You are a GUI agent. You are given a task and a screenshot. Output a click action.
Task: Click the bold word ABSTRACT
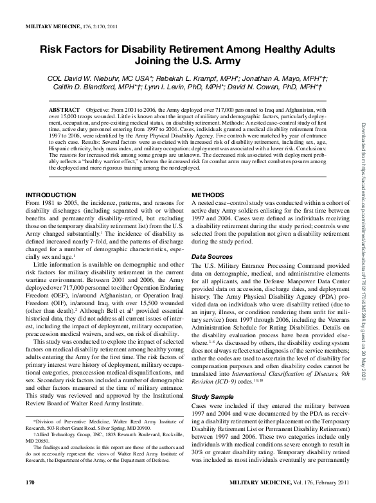point(64,110)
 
